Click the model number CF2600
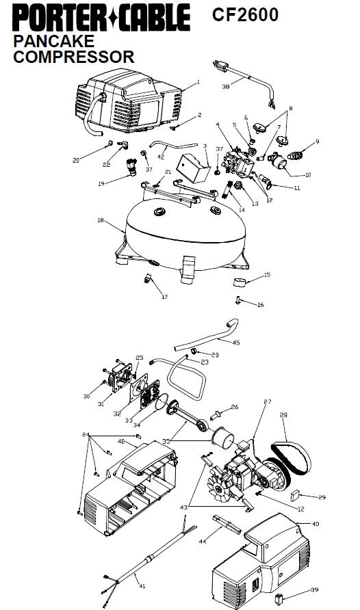(x=245, y=15)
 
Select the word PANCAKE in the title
(x=53, y=41)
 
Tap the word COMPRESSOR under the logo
(x=73, y=57)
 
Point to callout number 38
(x=226, y=86)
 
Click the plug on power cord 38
(x=220, y=66)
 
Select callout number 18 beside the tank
(x=101, y=220)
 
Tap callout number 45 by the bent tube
(x=236, y=343)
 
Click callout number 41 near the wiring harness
(x=142, y=586)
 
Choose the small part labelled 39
(x=279, y=599)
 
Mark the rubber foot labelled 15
(x=240, y=282)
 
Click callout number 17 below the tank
(x=165, y=297)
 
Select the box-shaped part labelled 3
(x=192, y=168)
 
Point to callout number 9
(x=317, y=142)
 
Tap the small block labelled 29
(x=295, y=496)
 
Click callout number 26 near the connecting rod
(x=234, y=407)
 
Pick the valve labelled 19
(x=132, y=166)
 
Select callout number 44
(x=203, y=541)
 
